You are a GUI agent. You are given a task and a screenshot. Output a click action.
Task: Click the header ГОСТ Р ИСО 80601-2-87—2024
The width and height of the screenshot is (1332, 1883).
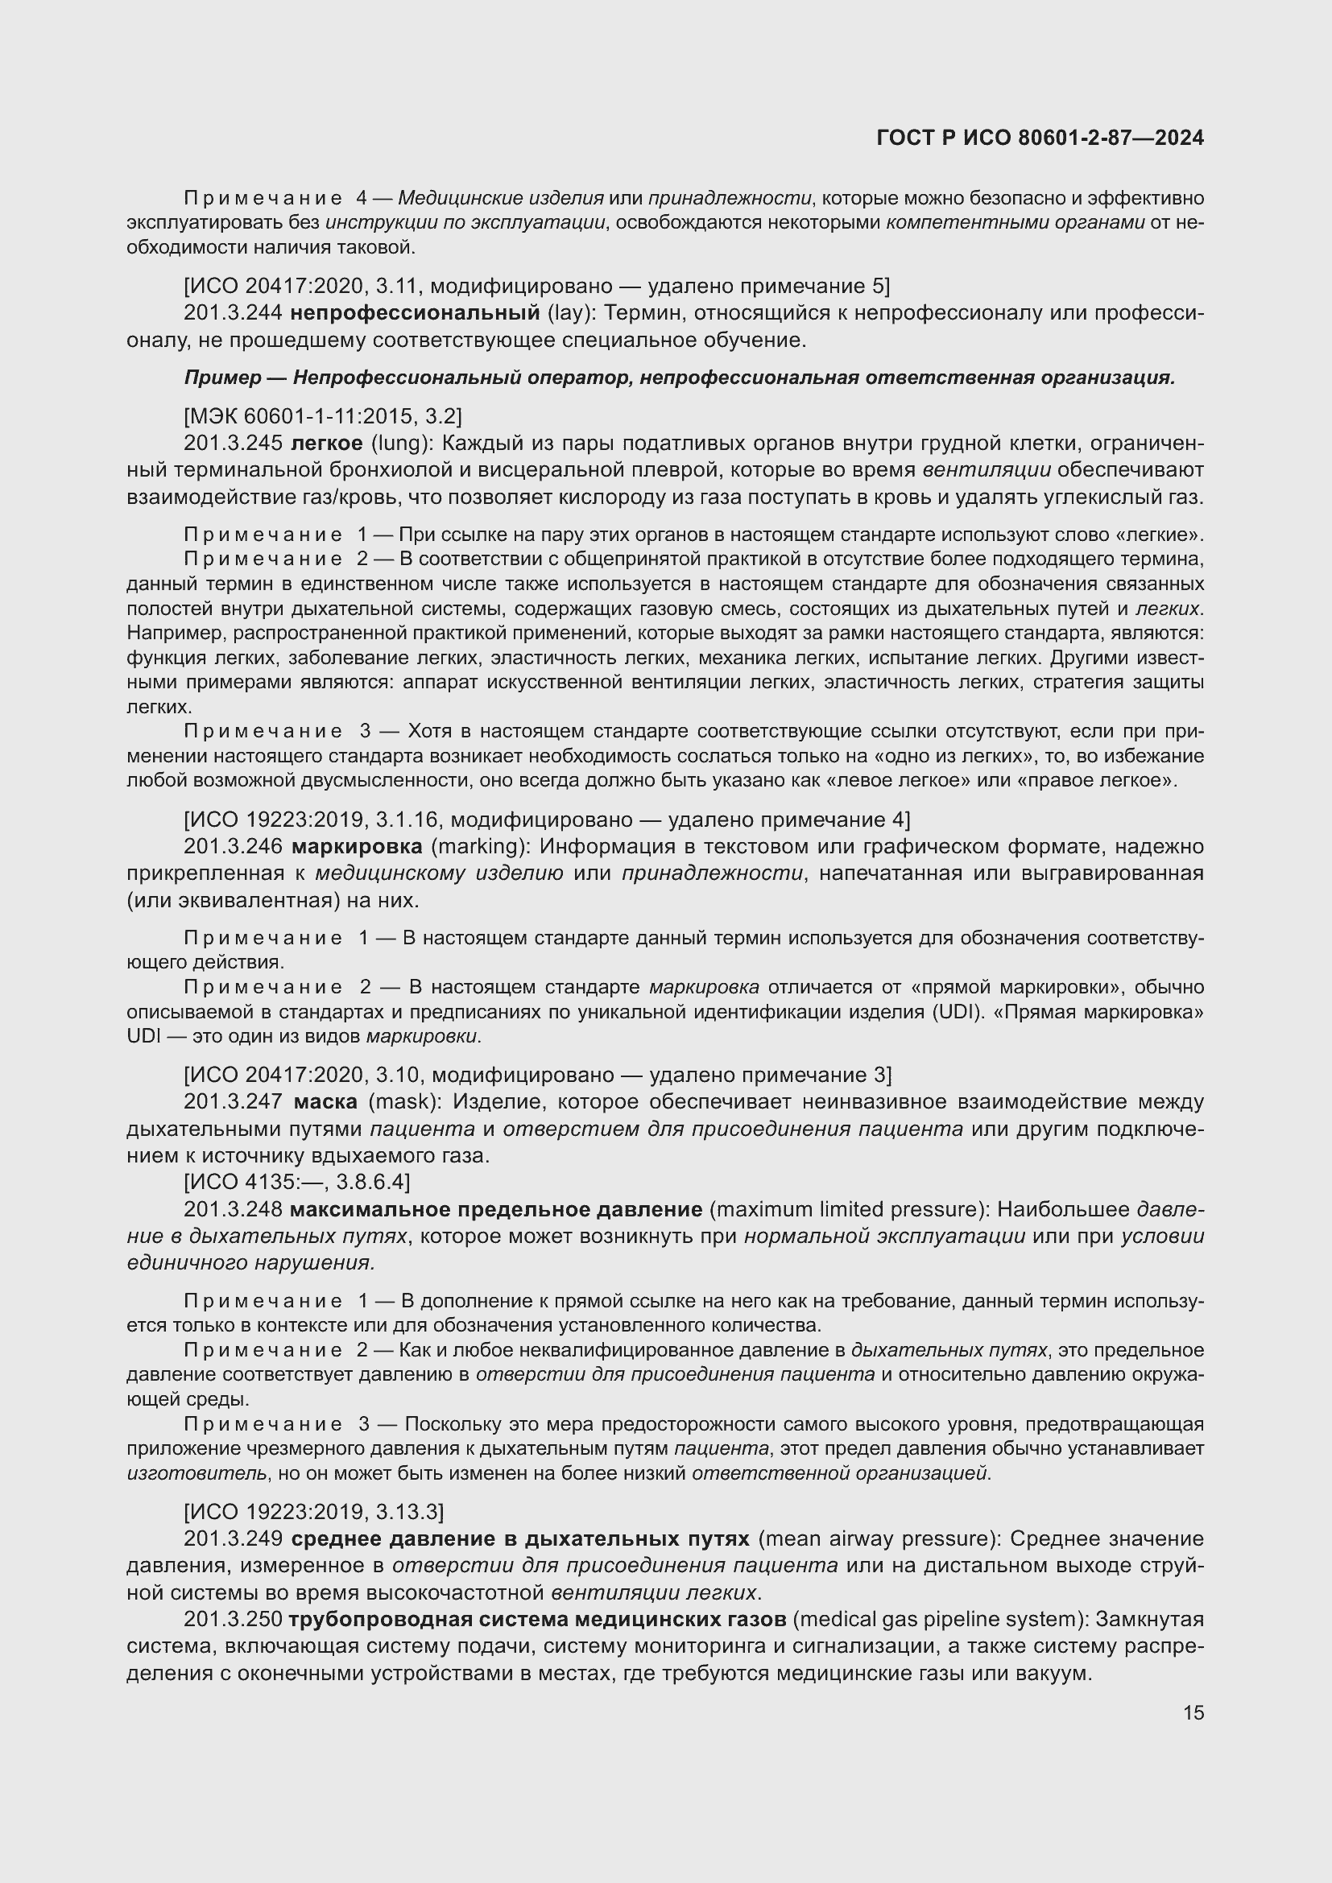(1040, 138)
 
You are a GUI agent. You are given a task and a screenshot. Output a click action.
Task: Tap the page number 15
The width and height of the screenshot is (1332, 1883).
(1193, 1712)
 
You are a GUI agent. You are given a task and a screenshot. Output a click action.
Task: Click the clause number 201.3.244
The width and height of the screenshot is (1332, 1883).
(233, 312)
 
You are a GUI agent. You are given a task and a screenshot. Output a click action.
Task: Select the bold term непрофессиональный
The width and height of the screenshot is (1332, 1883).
(414, 312)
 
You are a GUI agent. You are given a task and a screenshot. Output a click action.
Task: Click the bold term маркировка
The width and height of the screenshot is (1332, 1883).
(357, 846)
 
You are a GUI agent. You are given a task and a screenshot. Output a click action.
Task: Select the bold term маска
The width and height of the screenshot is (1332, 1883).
(325, 1101)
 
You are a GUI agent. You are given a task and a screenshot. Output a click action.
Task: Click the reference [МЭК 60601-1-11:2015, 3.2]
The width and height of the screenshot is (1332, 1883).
(322, 417)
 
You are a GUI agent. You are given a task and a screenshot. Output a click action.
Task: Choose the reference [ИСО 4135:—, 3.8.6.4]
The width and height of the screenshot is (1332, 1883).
(297, 1182)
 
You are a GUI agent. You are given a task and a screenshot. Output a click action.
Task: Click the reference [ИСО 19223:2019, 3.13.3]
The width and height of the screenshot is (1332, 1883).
(313, 1512)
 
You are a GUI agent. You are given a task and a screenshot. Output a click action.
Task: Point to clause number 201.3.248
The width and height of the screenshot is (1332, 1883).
(233, 1210)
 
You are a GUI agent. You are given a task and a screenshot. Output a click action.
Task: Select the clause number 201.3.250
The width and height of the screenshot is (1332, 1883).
(233, 1620)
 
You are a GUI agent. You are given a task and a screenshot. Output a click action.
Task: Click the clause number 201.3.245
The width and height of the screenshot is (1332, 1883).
(233, 444)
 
